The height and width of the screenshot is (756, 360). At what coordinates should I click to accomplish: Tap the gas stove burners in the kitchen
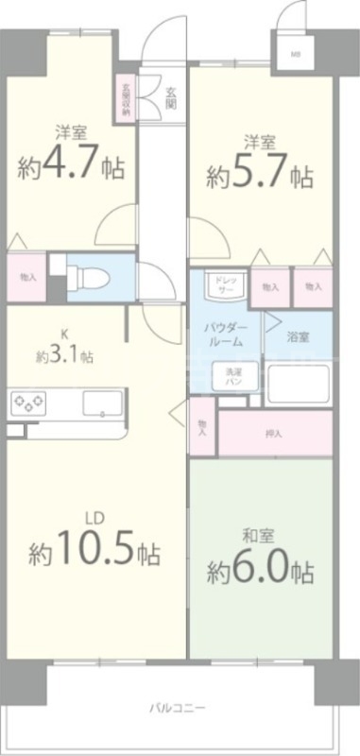[x=28, y=404]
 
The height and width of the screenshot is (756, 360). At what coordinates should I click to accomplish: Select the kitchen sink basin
[x=98, y=404]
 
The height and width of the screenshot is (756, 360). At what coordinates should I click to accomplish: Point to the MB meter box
[x=296, y=54]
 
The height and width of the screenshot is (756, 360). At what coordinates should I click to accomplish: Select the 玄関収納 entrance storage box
[x=126, y=97]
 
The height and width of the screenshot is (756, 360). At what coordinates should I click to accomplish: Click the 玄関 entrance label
[x=171, y=97]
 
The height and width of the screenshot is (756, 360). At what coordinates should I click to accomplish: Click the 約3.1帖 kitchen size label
[x=65, y=357]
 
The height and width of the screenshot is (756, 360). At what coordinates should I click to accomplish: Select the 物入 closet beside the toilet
[x=27, y=277]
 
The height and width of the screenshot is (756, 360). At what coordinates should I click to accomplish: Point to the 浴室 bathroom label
[x=299, y=337]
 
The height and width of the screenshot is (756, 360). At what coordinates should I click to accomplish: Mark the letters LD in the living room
[x=94, y=517]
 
